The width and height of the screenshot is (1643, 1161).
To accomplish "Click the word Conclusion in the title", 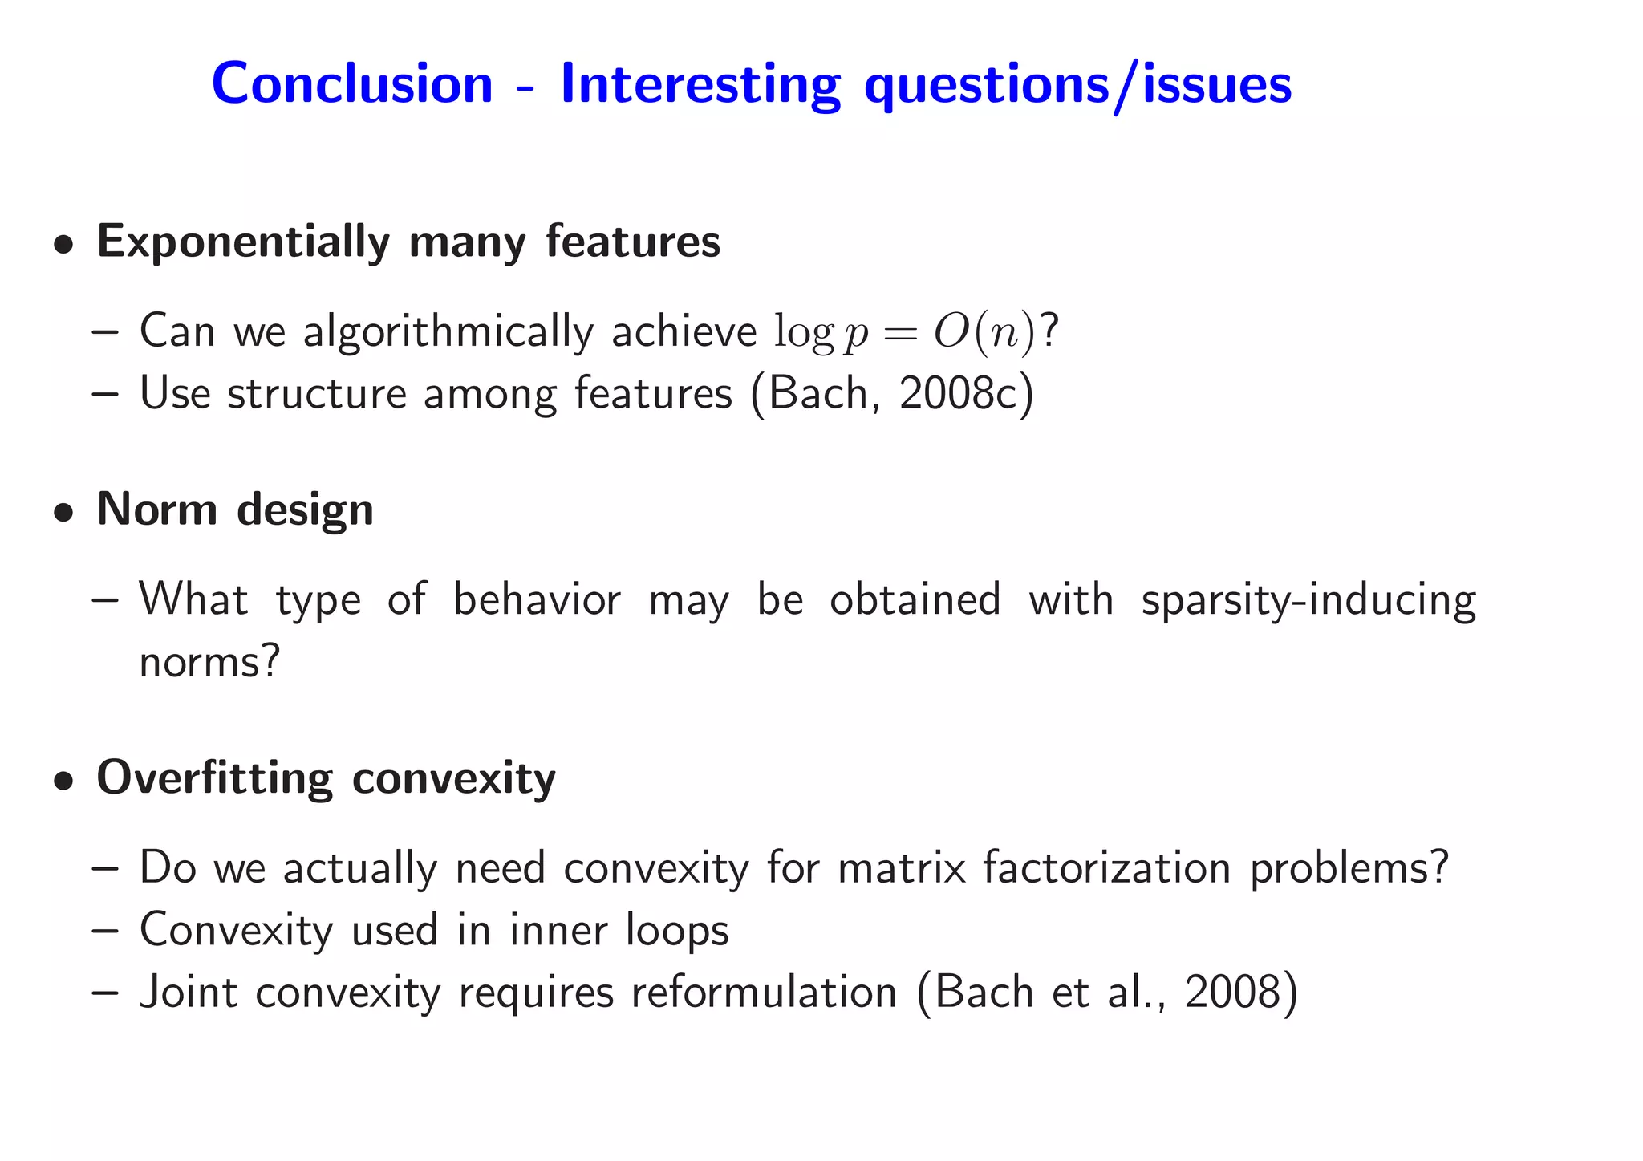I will [352, 83].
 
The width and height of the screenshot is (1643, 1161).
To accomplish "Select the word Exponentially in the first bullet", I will [243, 242].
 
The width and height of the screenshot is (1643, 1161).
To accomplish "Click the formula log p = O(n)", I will [906, 331].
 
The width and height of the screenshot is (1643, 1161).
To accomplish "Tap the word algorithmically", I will [448, 331].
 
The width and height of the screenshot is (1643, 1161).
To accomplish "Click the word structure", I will [317, 393].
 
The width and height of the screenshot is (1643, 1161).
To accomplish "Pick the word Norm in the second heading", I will [156, 509].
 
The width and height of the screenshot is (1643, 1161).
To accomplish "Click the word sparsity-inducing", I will [1308, 600].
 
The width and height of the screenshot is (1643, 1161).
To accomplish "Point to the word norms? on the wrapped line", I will [209, 663].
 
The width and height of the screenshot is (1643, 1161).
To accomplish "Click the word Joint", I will [189, 993].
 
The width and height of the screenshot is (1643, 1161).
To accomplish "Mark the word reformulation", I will [764, 993].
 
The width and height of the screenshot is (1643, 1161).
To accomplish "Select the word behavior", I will [537, 600].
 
